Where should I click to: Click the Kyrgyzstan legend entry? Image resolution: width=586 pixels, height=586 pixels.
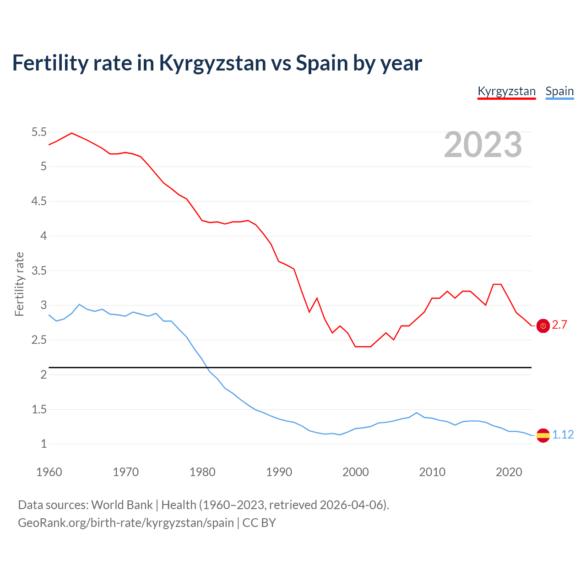click(506, 91)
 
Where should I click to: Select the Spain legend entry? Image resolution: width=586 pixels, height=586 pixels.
click(559, 91)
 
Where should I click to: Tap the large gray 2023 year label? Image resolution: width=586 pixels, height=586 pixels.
click(483, 145)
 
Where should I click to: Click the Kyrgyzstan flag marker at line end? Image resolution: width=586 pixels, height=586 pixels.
click(543, 326)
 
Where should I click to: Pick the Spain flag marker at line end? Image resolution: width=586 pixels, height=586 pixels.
click(543, 435)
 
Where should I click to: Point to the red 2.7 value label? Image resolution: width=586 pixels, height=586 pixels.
click(559, 325)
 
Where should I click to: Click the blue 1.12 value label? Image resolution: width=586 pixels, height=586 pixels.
click(563, 434)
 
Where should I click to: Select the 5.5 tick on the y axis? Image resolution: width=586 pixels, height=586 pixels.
click(39, 132)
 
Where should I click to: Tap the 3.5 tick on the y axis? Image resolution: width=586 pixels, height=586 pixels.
click(39, 271)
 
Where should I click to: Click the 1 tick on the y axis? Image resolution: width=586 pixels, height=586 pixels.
click(43, 444)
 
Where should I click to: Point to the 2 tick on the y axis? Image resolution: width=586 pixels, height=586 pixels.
click(43, 374)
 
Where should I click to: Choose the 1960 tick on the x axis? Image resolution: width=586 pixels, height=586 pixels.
click(49, 472)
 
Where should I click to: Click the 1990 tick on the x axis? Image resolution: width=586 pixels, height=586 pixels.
click(279, 472)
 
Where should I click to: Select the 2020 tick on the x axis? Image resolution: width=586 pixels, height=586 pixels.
click(509, 472)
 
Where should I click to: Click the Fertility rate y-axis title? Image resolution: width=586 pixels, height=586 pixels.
click(19, 284)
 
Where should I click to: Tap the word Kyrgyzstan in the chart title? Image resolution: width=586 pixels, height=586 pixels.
click(212, 63)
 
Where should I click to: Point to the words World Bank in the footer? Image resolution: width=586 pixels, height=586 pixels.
click(122, 505)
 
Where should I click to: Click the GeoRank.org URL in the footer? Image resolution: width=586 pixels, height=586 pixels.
click(126, 523)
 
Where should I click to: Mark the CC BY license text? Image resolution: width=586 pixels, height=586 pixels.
click(259, 523)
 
